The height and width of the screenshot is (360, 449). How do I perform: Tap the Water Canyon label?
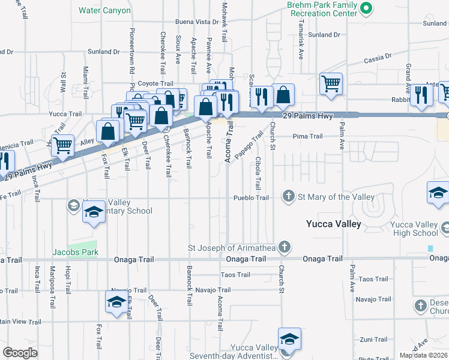[x=104, y=10]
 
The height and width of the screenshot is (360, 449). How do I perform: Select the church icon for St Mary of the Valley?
[x=289, y=196]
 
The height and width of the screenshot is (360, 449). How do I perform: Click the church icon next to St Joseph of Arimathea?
[x=285, y=247]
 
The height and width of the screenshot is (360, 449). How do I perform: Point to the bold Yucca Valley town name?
[x=333, y=224]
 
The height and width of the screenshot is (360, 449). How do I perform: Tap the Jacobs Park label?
[x=75, y=252]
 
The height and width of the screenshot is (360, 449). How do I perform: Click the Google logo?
[x=20, y=352]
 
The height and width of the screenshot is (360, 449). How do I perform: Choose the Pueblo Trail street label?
[x=252, y=197]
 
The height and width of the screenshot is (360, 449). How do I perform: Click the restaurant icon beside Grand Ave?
[x=421, y=95]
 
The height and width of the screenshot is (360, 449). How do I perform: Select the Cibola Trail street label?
[x=258, y=173]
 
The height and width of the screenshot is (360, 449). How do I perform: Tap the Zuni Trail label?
[x=373, y=339]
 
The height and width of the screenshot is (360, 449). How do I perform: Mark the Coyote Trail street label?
[x=155, y=83]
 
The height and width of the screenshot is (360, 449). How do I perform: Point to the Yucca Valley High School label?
[x=414, y=229]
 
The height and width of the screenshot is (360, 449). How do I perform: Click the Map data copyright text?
[x=423, y=355]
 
